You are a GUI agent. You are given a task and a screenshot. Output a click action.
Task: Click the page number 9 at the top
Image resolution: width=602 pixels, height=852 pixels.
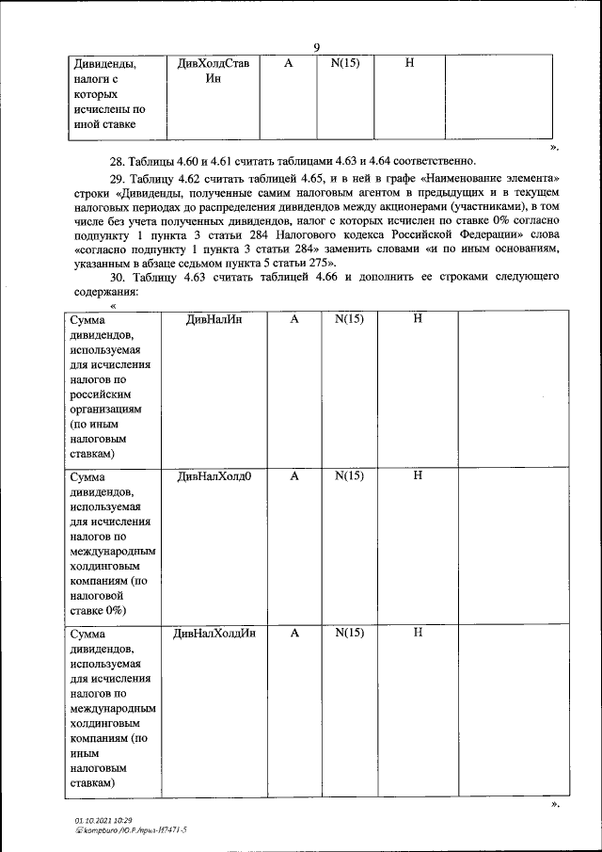click(317, 48)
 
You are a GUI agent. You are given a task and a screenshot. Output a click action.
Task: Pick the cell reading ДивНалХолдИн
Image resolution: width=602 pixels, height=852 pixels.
click(214, 634)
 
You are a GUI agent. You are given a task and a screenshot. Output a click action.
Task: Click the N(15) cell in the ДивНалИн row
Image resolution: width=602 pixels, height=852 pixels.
click(348, 320)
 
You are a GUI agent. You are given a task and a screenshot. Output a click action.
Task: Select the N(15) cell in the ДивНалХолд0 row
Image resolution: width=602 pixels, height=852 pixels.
click(348, 476)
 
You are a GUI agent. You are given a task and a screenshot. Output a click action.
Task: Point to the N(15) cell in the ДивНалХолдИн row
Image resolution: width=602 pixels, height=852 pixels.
click(348, 634)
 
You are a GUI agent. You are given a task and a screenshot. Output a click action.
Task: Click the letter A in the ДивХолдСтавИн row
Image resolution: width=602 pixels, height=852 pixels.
click(289, 64)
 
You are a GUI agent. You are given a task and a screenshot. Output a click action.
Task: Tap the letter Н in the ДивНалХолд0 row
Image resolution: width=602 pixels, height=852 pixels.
click(418, 476)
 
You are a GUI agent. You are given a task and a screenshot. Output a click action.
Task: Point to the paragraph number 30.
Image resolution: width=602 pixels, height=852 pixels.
click(118, 278)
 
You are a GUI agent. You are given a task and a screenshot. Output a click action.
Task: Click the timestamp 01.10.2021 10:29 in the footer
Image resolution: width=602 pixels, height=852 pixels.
click(104, 821)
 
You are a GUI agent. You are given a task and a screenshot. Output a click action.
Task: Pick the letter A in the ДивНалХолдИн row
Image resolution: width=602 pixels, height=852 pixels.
click(294, 634)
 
